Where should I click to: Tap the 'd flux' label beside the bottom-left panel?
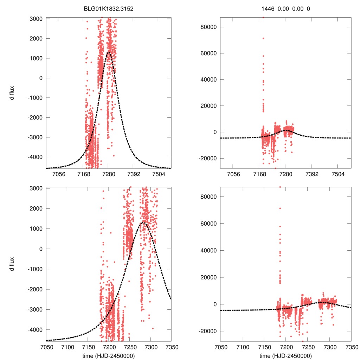[12, 264]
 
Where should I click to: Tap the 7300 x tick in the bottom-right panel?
[330, 346]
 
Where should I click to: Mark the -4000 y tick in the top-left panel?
[36, 157]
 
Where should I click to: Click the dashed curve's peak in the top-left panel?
[108, 52]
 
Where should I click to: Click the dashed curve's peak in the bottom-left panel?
[142, 222]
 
